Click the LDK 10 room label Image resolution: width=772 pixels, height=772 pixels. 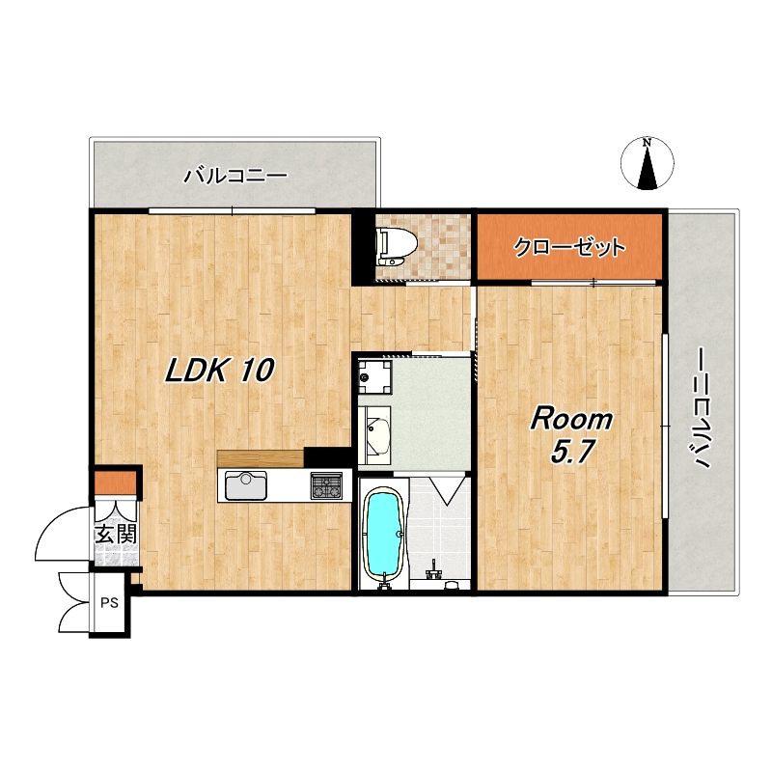[x=219, y=371]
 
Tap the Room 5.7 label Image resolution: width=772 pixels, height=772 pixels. [x=571, y=436]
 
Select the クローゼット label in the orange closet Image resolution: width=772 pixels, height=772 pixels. [x=569, y=247]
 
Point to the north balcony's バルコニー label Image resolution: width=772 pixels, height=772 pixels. [x=235, y=176]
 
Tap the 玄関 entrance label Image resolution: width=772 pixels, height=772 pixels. [x=116, y=535]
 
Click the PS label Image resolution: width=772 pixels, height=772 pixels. [x=109, y=602]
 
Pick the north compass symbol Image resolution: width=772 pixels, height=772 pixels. [x=648, y=164]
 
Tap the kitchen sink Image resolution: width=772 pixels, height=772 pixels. [x=246, y=485]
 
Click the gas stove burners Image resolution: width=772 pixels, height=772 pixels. [x=326, y=485]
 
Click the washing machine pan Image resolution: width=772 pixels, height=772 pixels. [x=374, y=377]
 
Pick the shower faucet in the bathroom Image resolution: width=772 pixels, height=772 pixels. [x=434, y=569]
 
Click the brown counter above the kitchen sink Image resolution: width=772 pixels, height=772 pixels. [x=261, y=458]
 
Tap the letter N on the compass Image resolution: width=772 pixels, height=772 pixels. [x=648, y=143]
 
